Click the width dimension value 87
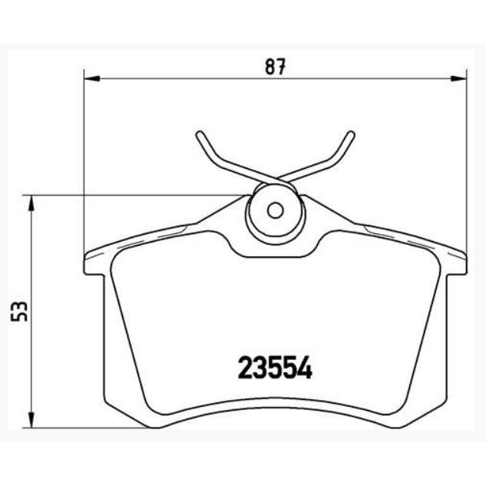275,66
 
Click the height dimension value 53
19,311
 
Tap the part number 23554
275,368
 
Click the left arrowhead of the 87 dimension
92,79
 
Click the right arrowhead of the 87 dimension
458,79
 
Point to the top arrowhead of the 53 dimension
31,203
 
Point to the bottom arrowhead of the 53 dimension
31,420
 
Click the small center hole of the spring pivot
275,211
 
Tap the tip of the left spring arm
200,134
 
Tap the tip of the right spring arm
352,134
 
